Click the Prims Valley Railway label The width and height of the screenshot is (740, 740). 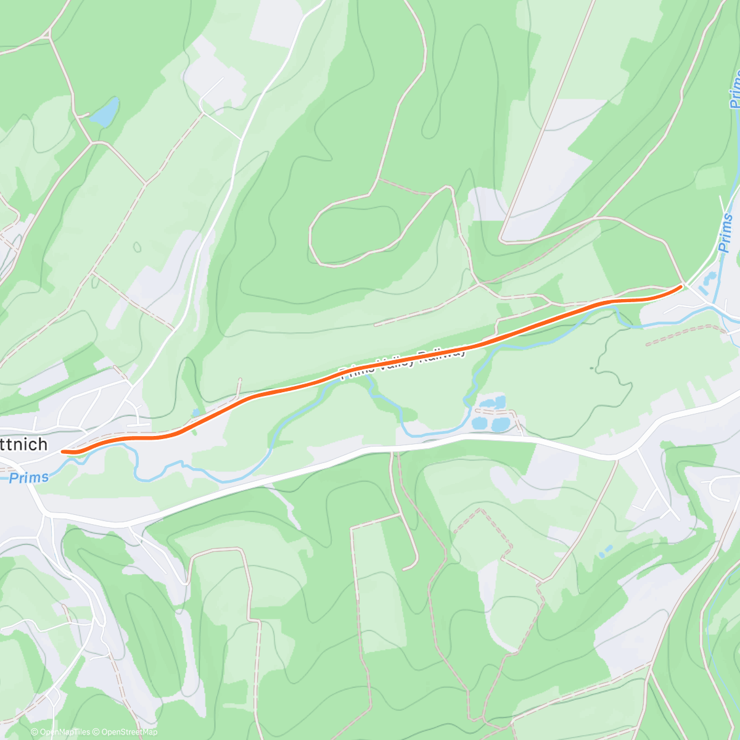point(404,363)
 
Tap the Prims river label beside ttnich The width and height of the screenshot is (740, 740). point(29,477)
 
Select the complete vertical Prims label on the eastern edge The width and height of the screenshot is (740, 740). point(726,233)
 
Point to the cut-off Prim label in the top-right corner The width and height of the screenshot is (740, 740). point(734,89)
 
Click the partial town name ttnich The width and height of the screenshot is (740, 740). point(23,445)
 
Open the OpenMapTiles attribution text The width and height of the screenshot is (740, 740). point(65,732)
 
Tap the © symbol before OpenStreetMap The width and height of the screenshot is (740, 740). point(97,732)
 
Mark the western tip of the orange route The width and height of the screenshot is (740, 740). point(63,451)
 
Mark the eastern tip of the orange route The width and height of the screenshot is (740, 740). point(681,286)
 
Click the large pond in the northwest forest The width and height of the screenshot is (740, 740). point(105,112)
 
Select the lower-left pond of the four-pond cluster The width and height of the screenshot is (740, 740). point(479,423)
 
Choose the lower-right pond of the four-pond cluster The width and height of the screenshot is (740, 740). point(500,424)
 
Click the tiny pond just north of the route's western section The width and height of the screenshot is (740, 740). point(195,412)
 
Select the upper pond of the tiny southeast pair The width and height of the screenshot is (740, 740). point(609,548)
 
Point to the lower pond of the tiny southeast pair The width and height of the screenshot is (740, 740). point(602,554)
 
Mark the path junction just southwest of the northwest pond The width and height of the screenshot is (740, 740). point(91,142)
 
